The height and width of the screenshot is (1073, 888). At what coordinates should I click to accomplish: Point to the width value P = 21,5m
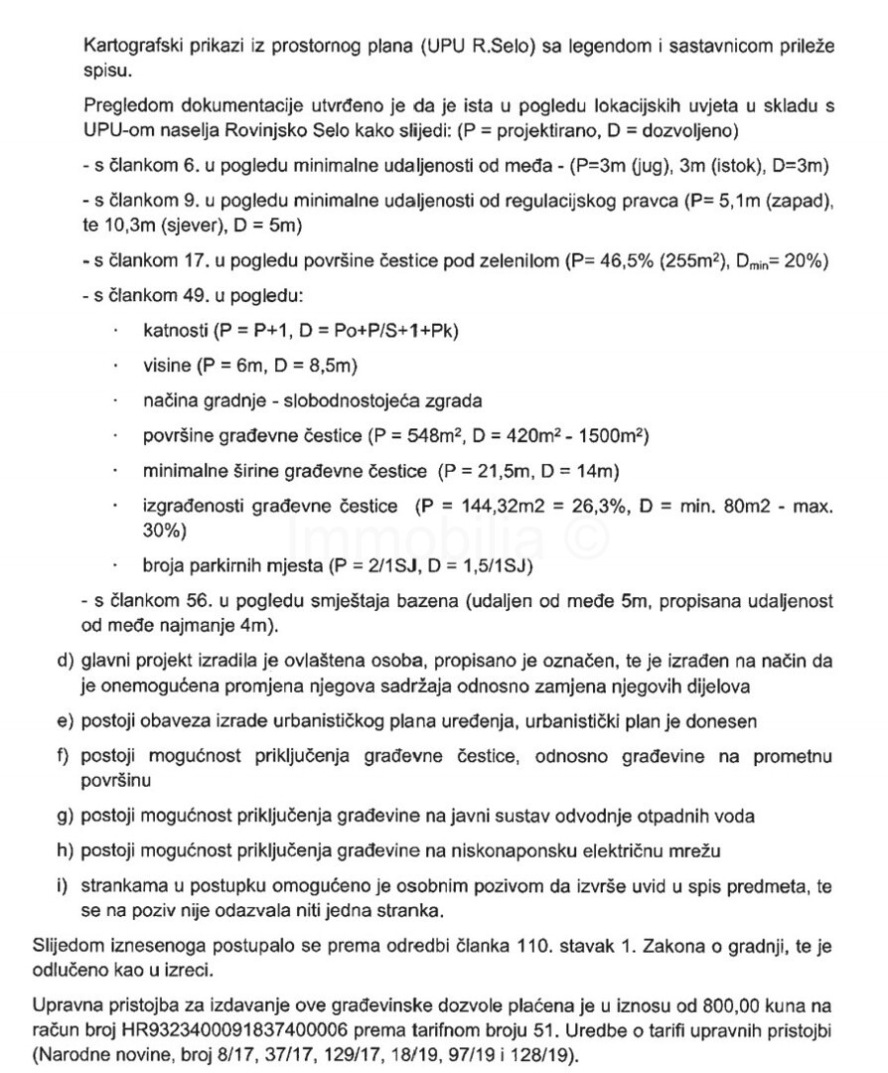pyautogui.click(x=486, y=470)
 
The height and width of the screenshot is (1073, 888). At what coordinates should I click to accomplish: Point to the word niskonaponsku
pyautogui.click(x=518, y=850)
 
